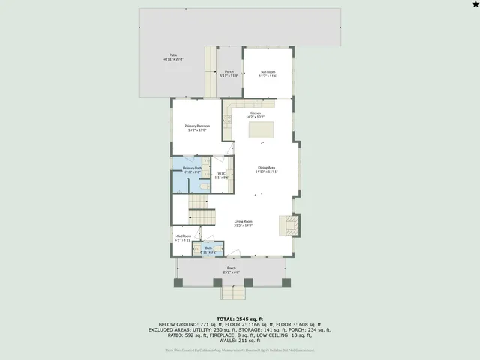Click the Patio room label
click(x=173, y=57)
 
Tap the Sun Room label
click(x=268, y=73)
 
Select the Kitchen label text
click(x=256, y=115)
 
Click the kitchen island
click(x=261, y=130)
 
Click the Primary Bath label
click(x=192, y=170)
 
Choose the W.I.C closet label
click(x=221, y=175)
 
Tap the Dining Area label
click(x=268, y=169)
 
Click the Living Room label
click(x=243, y=223)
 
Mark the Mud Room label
click(x=182, y=238)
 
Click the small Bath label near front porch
click(x=210, y=249)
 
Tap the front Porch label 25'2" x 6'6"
click(x=232, y=270)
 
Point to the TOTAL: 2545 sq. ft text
click(x=239, y=319)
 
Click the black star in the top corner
click(x=473, y=5)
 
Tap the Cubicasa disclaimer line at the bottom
click(x=239, y=349)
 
